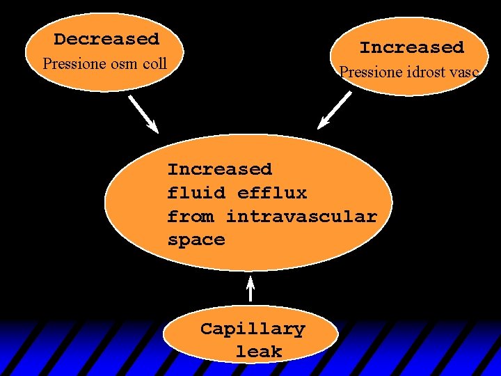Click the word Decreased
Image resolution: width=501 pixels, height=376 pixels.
coord(106,40)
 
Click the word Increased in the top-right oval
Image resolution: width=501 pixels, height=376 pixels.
coord(411,48)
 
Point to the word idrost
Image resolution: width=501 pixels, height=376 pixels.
coord(425,72)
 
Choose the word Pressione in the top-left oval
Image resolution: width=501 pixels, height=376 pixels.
coord(74,64)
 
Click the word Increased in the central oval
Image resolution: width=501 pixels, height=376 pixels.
coord(219,169)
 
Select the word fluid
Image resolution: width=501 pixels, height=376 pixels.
coord(196,193)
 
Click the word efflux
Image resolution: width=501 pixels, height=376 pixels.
coord(272,193)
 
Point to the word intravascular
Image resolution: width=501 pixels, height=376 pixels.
coord(301,217)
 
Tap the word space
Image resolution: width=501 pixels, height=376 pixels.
coord(196,240)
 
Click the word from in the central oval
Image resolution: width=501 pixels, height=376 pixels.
coord(191,217)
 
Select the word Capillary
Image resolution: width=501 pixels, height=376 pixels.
coord(253,329)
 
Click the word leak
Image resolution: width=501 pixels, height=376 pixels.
coord(258,352)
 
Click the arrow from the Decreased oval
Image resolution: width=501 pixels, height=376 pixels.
coord(143,113)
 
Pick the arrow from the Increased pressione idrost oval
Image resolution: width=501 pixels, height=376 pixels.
coord(335,110)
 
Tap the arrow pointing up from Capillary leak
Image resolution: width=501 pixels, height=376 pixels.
coord(251,291)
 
